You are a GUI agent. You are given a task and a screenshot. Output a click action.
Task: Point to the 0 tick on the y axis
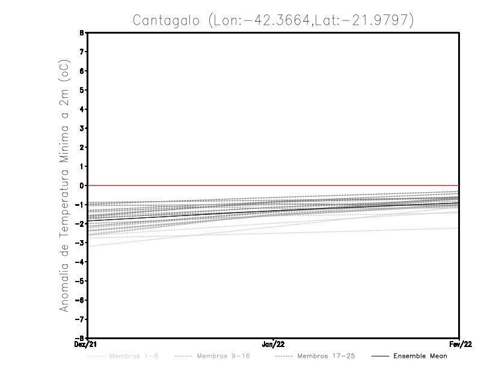[81, 185]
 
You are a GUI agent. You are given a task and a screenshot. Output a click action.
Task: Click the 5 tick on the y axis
[81, 90]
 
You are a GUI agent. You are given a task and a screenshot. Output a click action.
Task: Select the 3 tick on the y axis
[81, 128]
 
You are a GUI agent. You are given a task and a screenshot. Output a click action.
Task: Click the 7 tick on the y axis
[81, 52]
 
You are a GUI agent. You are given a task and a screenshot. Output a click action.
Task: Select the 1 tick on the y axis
[81, 166]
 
